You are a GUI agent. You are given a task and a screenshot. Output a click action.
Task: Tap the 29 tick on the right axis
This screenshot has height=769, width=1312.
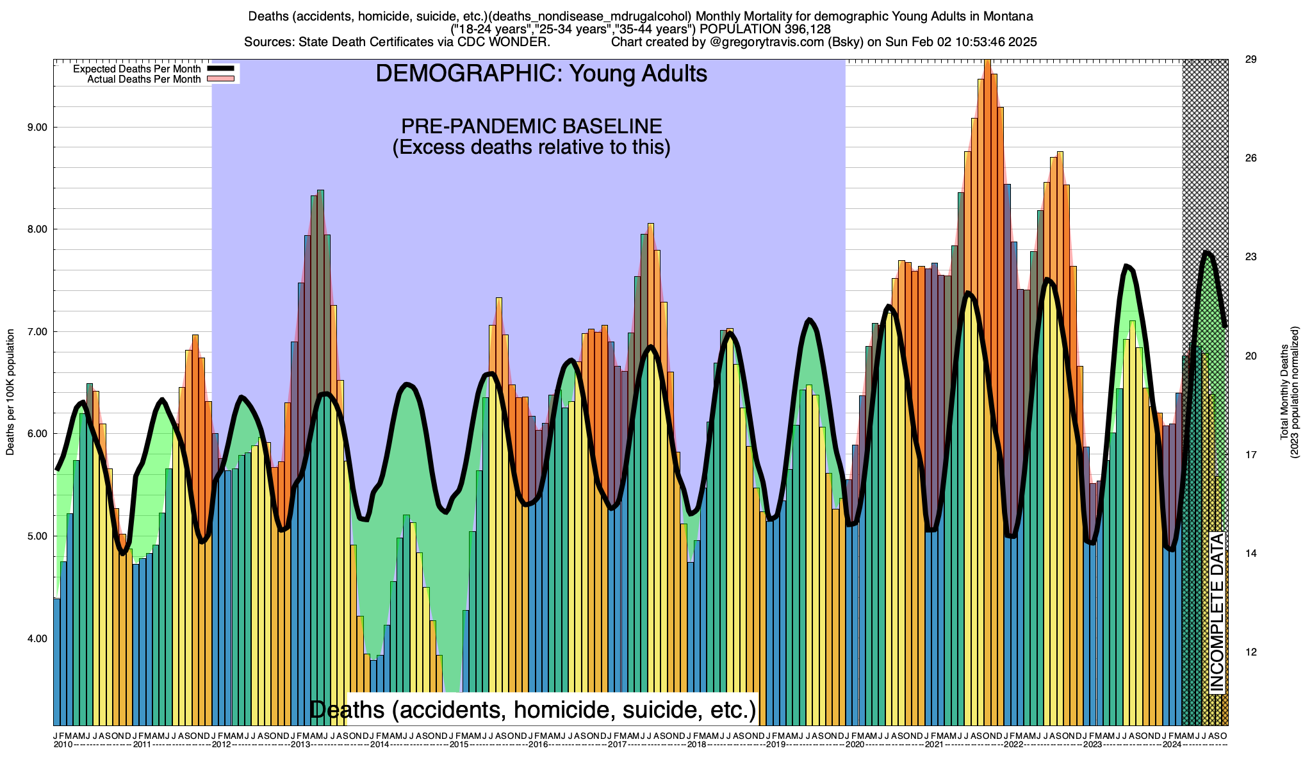1250,60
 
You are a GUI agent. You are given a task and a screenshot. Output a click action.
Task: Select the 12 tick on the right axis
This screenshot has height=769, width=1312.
1250,652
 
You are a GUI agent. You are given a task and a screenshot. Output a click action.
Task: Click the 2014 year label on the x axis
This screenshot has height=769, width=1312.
379,745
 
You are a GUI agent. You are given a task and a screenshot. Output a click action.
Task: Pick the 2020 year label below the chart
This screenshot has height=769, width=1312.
855,745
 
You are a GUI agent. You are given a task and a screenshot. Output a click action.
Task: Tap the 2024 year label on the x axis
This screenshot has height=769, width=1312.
1172,745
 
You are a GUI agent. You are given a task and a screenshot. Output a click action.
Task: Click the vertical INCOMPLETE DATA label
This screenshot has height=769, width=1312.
1217,612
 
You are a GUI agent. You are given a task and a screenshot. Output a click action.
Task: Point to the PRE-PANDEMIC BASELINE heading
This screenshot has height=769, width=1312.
531,126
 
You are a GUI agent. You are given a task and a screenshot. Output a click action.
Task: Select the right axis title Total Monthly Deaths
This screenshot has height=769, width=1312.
1284,392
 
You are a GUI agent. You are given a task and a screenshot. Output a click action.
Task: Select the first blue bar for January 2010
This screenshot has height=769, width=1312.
56,660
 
